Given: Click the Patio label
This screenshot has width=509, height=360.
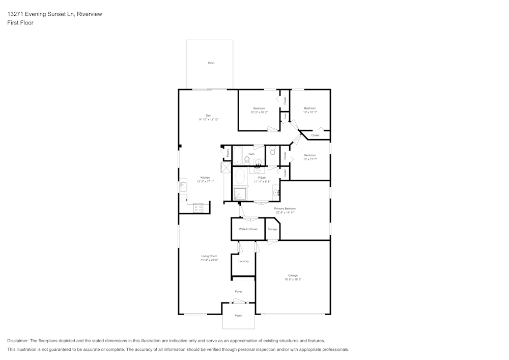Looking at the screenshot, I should pyautogui.click(x=211, y=63).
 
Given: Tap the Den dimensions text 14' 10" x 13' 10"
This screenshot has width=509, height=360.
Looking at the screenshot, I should pyautogui.click(x=208, y=120).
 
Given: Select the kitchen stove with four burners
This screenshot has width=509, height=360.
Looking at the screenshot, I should pyautogui.click(x=199, y=207).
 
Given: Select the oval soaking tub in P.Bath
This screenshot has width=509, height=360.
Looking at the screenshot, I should pyautogui.click(x=240, y=177).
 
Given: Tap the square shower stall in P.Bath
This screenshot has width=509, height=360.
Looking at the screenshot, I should pyautogui.click(x=240, y=193).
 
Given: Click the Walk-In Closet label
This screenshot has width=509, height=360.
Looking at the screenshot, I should pyautogui.click(x=248, y=229).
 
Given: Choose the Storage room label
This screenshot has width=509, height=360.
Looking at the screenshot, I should pyautogui.click(x=273, y=230).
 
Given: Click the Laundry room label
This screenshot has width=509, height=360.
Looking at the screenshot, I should pyautogui.click(x=243, y=261).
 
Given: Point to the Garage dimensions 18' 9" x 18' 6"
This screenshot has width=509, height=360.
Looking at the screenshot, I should pyautogui.click(x=293, y=280).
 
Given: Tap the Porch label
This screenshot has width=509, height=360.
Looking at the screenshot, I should pyautogui.click(x=238, y=316).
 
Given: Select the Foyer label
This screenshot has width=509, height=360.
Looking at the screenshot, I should pyautogui.click(x=238, y=292).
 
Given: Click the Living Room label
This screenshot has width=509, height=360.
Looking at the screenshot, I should pyautogui.click(x=209, y=256).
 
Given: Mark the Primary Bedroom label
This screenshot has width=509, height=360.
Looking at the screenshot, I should pyautogui.click(x=285, y=209).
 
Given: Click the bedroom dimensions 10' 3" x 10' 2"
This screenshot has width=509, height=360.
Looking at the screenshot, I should pyautogui.click(x=259, y=113).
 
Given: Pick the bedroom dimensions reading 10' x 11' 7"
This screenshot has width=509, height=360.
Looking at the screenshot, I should pyautogui.click(x=310, y=159).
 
